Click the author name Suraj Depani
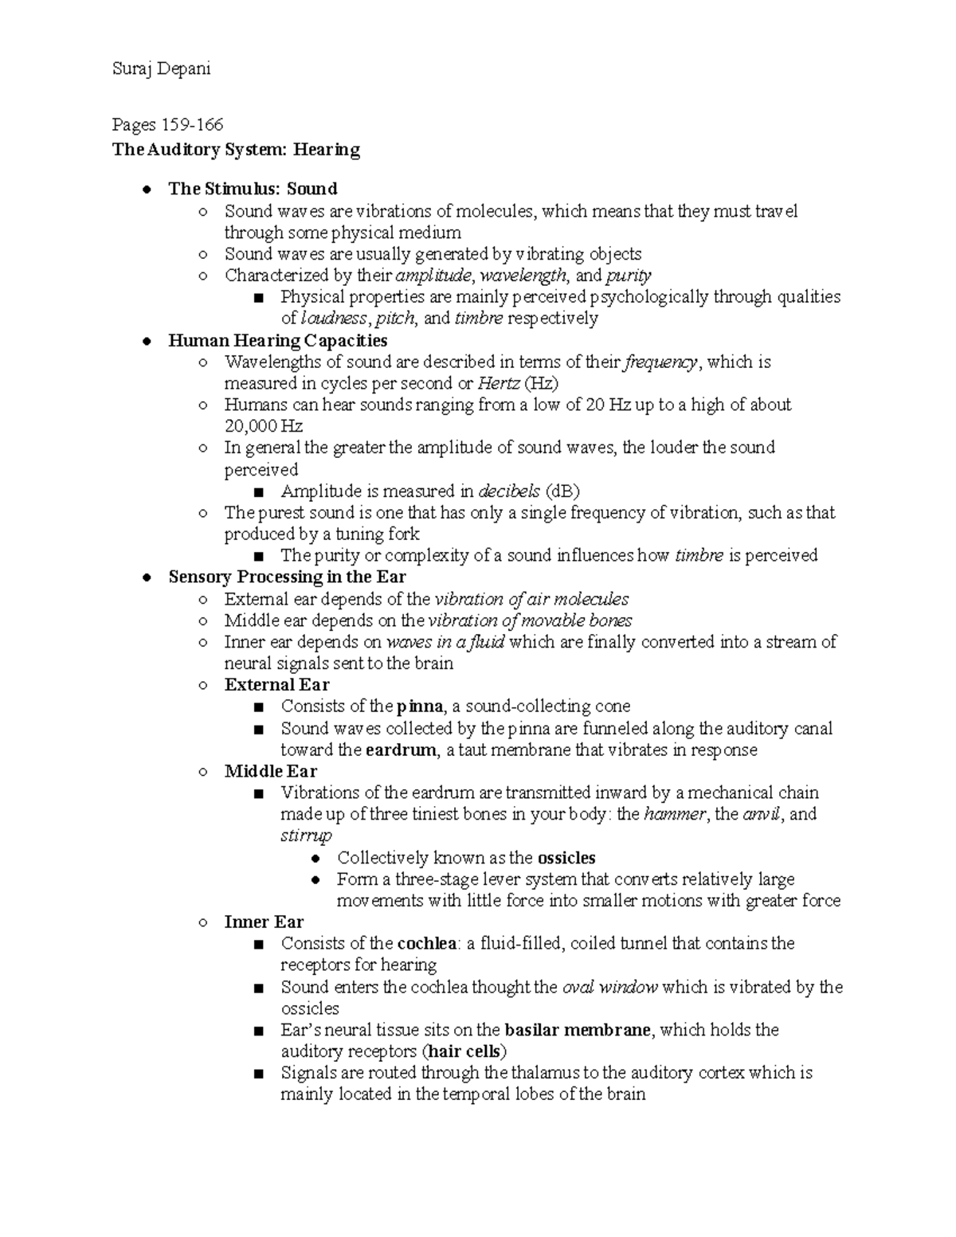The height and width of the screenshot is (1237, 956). tap(162, 69)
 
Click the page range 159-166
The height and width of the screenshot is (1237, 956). tap(192, 124)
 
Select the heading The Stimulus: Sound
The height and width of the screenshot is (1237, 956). tap(253, 189)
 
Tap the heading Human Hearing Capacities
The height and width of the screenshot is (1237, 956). tap(277, 341)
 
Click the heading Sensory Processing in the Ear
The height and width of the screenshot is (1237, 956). tap(287, 577)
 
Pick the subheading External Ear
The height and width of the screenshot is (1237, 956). tap(276, 685)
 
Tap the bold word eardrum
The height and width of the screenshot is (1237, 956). tap(402, 750)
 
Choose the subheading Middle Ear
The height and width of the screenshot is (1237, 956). tap(271, 771)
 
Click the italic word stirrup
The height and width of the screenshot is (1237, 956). tap(306, 836)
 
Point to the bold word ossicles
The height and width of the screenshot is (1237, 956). tap(566, 858)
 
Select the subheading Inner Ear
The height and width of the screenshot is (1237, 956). tap(264, 922)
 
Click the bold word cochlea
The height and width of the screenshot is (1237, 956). tap(426, 944)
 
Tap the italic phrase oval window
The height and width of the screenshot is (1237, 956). tap(609, 988)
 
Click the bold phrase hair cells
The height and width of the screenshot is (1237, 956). tap(464, 1051)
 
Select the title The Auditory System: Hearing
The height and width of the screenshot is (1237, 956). tap(237, 150)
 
